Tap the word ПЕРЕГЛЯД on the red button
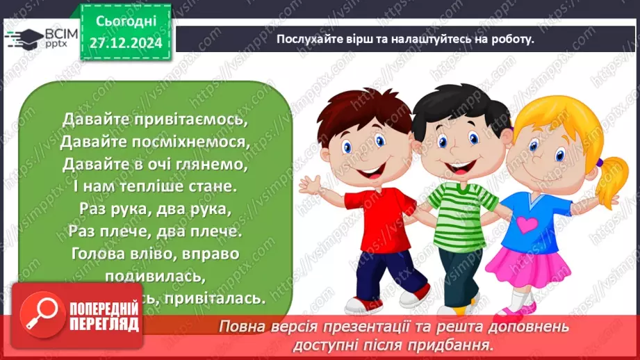pos(104,325)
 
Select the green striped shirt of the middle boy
pos(459,215)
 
